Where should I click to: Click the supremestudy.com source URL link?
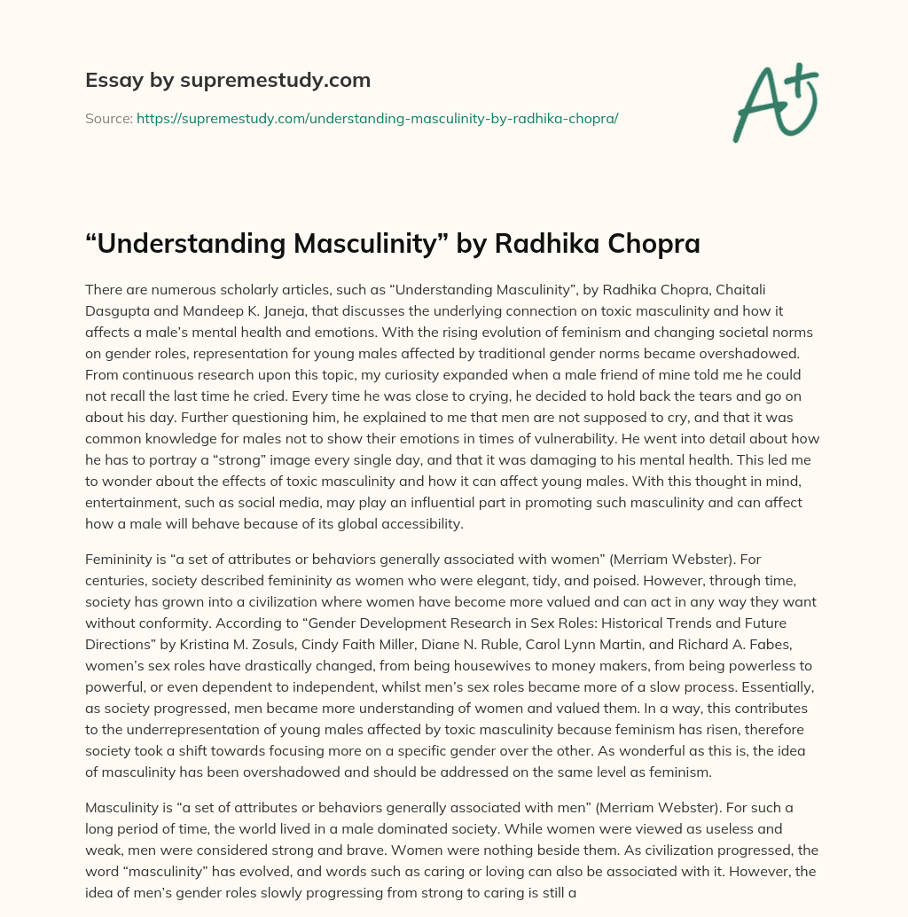[377, 118]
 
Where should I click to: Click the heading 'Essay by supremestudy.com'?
[228, 81]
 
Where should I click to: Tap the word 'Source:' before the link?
[109, 118]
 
